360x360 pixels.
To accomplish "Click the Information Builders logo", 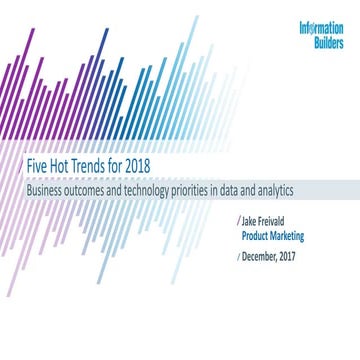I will [320, 35].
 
